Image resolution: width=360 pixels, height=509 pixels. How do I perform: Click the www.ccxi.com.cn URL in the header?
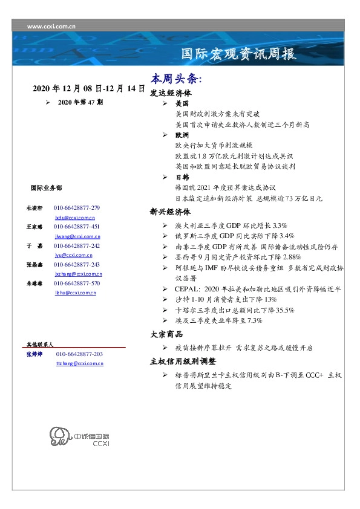point(51,27)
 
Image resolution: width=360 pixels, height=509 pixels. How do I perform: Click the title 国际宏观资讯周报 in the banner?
point(239,54)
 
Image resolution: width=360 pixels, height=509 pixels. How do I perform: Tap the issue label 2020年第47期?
point(80,103)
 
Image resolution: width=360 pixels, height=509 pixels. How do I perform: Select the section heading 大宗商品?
point(166,334)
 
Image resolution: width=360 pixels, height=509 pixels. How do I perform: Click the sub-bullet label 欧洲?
point(182,135)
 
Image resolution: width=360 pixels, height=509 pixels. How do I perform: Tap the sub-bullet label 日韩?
point(182,177)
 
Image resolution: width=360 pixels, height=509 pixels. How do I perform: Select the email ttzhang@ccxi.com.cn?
point(79,363)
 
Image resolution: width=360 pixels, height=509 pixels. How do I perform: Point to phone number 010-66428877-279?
point(77,207)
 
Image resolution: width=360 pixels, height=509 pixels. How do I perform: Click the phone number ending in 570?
point(77,283)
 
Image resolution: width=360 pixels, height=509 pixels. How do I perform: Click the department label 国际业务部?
point(45,189)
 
